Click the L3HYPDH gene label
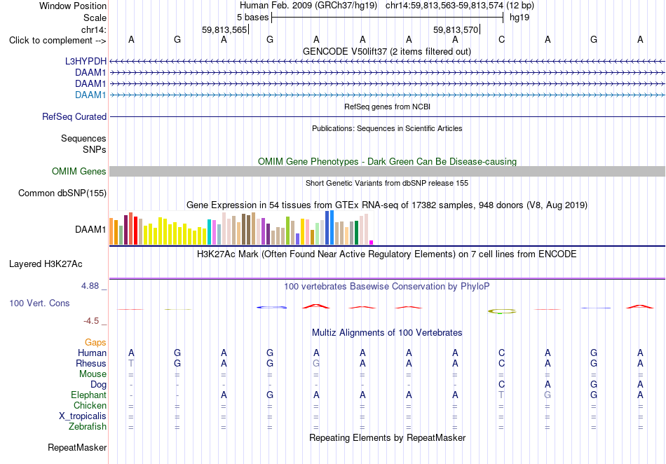(x=86, y=61)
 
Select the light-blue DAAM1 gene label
(x=90, y=95)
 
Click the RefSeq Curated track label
(x=74, y=116)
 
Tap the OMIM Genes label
(x=79, y=171)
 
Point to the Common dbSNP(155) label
(x=62, y=193)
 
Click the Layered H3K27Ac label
(x=46, y=264)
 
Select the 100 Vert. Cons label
(x=39, y=303)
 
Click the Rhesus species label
(x=91, y=363)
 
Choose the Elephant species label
(x=88, y=395)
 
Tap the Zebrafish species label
(x=88, y=427)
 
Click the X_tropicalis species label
(x=83, y=416)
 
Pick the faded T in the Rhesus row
(x=131, y=363)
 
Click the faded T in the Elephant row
(x=502, y=395)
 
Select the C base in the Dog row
(x=502, y=385)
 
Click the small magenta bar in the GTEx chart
(x=371, y=243)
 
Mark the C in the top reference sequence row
(x=502, y=40)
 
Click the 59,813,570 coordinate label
(x=456, y=29)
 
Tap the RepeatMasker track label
(x=77, y=447)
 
